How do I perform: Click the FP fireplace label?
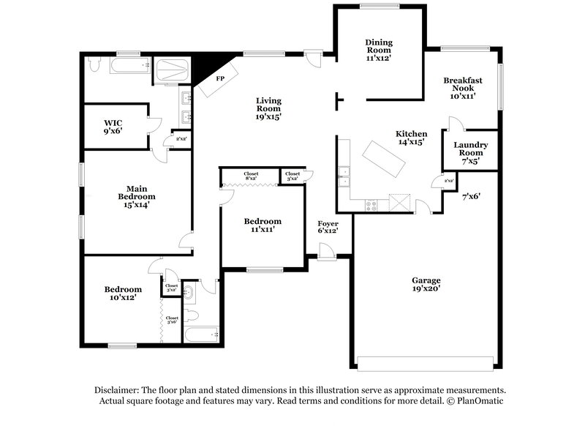tap(219, 78)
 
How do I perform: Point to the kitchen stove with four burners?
tap(371, 206)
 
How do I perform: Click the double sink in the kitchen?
tap(344, 176)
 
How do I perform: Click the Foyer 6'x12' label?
tap(327, 228)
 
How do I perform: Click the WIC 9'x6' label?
tap(113, 127)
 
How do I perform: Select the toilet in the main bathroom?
tap(93, 66)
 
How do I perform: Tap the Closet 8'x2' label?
tap(252, 176)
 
